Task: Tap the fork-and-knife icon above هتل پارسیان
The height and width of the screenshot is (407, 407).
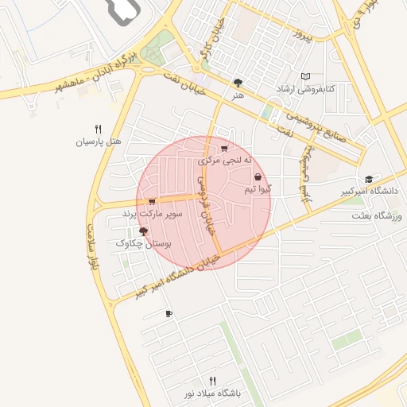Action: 99,129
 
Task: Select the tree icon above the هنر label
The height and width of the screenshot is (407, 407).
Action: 238,83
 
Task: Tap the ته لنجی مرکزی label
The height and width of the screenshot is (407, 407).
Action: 226,161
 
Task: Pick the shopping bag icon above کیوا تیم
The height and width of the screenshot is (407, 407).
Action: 258,177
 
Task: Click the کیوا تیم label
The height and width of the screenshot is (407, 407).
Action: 258,189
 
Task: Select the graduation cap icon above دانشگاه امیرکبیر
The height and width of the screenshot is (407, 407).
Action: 368,180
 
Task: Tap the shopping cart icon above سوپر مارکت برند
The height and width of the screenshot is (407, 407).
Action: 151,202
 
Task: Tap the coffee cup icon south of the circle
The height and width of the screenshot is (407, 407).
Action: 169,314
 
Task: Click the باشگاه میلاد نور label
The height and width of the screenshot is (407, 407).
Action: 213,393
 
